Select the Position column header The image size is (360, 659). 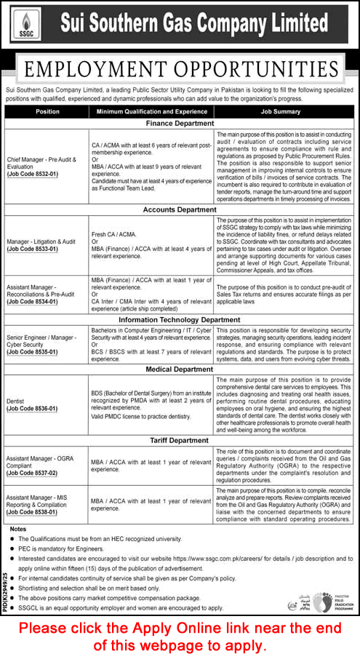pyautogui.click(x=47, y=112)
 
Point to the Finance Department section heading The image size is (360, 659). pyautogui.click(x=180, y=124)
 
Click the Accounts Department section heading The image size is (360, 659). pyautogui.click(x=180, y=209)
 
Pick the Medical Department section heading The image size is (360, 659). pyautogui.click(x=180, y=369)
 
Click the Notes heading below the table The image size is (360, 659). pyautogui.click(x=19, y=529)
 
